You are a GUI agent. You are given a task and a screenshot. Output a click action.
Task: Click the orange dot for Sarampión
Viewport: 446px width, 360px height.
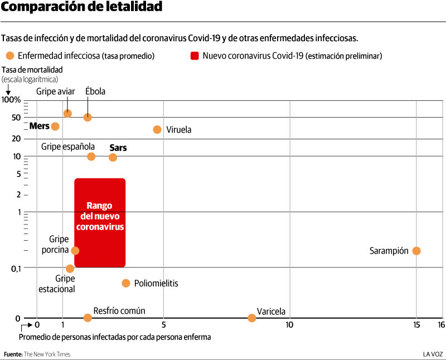click(416, 251)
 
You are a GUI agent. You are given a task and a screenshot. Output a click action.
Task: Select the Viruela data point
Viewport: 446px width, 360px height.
click(157, 130)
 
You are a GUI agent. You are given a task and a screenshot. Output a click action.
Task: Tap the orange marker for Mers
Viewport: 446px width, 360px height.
click(55, 127)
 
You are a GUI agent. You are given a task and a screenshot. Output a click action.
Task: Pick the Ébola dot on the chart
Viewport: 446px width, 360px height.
click(88, 117)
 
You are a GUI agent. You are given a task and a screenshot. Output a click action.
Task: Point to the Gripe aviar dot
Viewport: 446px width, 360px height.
click(67, 113)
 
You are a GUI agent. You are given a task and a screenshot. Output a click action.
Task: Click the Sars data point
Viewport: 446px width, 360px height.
click(113, 158)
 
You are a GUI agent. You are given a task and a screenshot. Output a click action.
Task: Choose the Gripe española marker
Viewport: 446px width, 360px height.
click(91, 157)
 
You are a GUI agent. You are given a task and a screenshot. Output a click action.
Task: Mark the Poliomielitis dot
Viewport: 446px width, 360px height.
click(126, 283)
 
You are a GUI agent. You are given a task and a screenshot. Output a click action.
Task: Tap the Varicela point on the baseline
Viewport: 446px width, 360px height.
click(252, 318)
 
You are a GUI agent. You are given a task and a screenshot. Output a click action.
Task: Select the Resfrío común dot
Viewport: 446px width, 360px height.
click(88, 318)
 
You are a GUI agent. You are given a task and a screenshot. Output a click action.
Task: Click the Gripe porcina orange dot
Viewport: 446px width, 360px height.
click(75, 251)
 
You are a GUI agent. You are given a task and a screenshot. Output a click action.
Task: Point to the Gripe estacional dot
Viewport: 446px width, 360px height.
click(70, 269)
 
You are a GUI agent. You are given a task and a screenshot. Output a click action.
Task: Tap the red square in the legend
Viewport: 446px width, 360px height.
click(195, 56)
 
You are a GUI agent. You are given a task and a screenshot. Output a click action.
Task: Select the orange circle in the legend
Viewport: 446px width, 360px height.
click(10, 56)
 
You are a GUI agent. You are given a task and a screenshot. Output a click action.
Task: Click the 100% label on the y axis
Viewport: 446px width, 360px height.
click(12, 100)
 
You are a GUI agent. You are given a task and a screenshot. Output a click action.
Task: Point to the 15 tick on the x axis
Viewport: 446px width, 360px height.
click(416, 324)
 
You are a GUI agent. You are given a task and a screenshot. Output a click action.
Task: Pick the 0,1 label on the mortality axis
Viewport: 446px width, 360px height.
click(14, 268)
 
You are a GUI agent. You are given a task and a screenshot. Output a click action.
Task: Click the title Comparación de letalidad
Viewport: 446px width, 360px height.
click(81, 7)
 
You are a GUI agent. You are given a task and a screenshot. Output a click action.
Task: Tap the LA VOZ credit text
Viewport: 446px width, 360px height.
click(433, 354)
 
